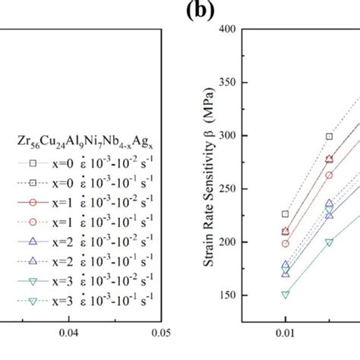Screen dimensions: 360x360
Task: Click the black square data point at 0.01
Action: [x=286, y=214]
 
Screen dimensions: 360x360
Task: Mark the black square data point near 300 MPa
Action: [x=329, y=137]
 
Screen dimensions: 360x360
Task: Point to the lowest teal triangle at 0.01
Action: [x=286, y=294]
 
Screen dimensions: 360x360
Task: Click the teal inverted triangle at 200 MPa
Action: [x=329, y=242]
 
